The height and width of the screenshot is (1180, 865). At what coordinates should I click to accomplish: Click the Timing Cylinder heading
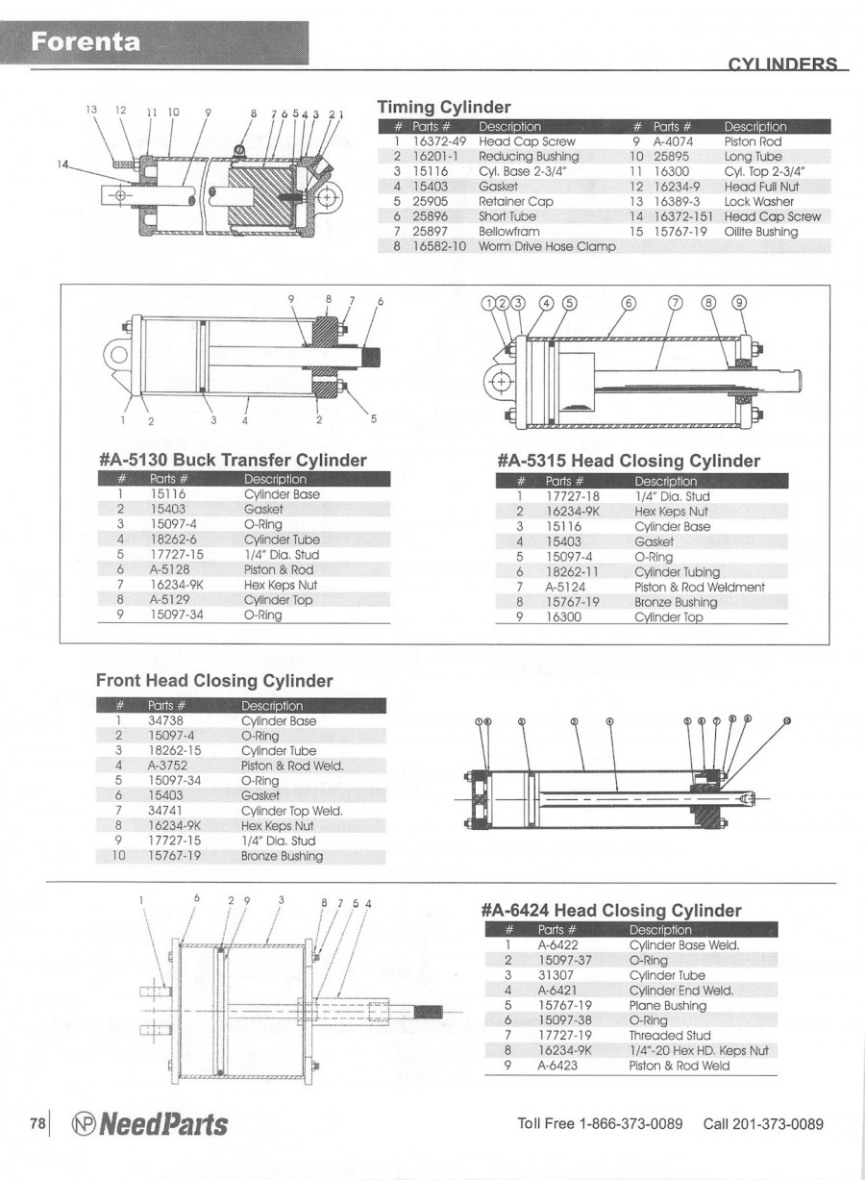[443, 107]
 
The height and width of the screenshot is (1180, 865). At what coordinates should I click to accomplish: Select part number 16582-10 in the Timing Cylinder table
[438, 246]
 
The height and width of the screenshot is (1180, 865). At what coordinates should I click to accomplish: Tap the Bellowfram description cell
[509, 232]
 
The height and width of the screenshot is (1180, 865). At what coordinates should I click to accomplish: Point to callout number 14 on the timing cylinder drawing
[63, 163]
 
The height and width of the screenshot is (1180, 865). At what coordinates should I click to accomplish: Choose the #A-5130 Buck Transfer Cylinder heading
[233, 460]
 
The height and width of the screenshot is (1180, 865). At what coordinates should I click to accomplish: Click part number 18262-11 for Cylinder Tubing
[573, 571]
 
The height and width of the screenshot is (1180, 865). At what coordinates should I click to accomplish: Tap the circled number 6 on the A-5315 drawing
[629, 303]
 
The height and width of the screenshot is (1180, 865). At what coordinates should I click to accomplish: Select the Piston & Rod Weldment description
[700, 587]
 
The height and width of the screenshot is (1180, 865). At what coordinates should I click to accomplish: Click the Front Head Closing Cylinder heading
[214, 681]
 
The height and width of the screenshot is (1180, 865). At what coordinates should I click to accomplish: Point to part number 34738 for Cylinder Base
[165, 720]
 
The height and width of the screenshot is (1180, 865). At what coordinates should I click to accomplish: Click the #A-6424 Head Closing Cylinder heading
[610, 910]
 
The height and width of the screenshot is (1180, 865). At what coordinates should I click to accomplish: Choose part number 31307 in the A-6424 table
[555, 975]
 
